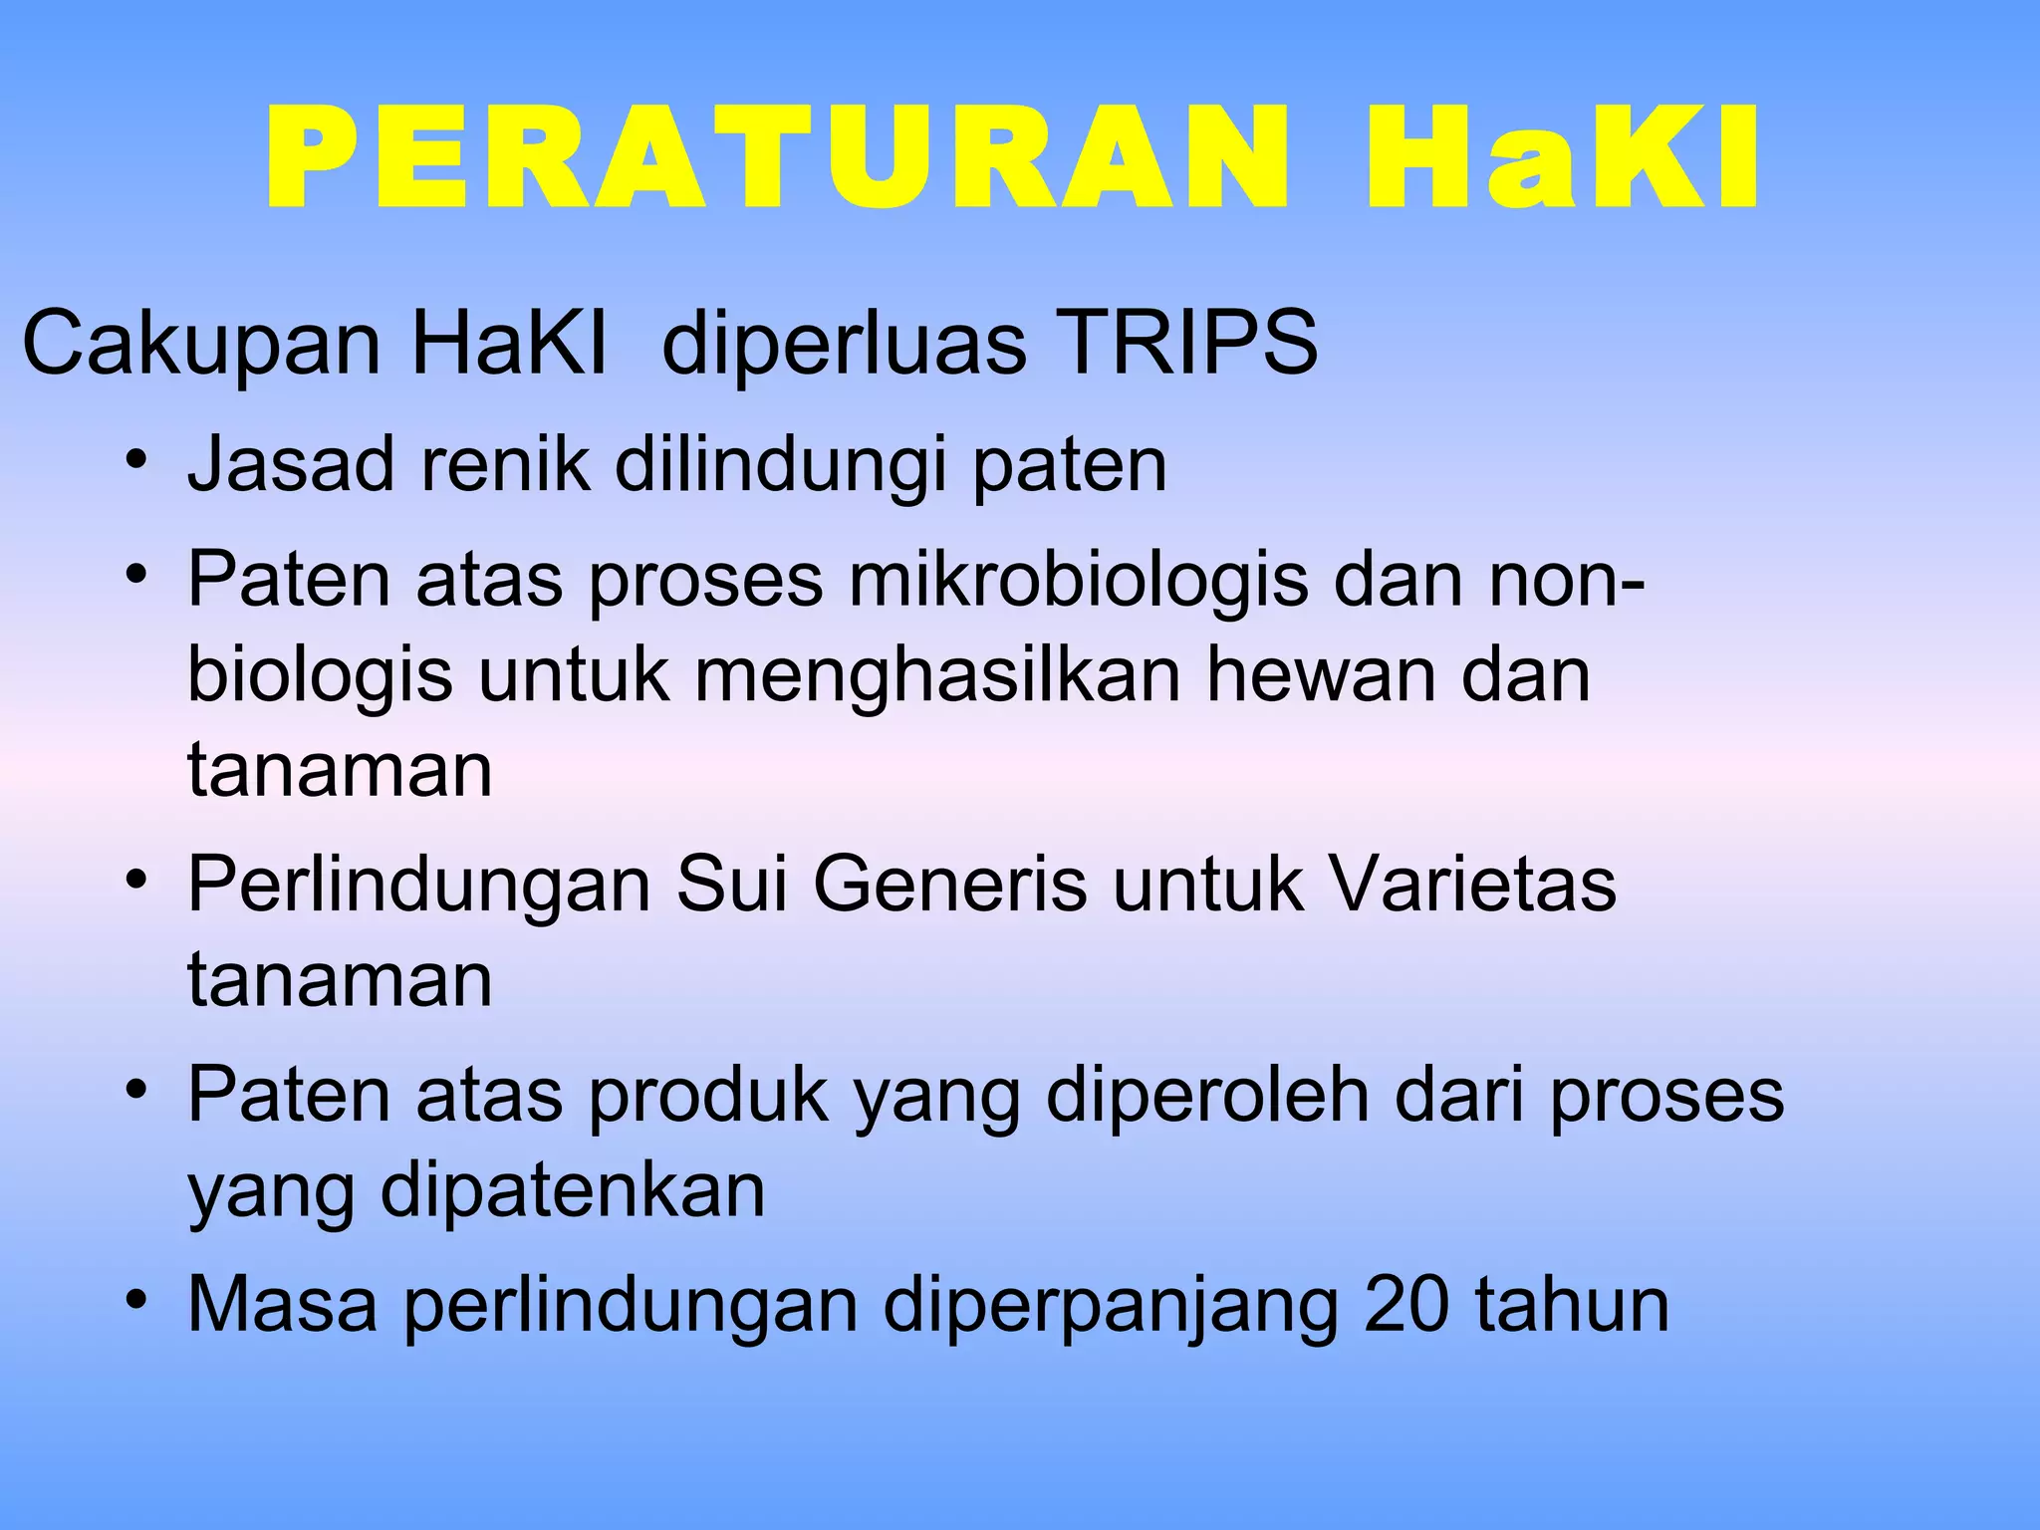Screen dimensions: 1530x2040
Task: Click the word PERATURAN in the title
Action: [x=777, y=159]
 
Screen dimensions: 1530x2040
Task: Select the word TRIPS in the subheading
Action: [x=1185, y=344]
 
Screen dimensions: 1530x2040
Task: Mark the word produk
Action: [x=708, y=1096]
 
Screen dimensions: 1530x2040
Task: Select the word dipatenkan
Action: [x=573, y=1191]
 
